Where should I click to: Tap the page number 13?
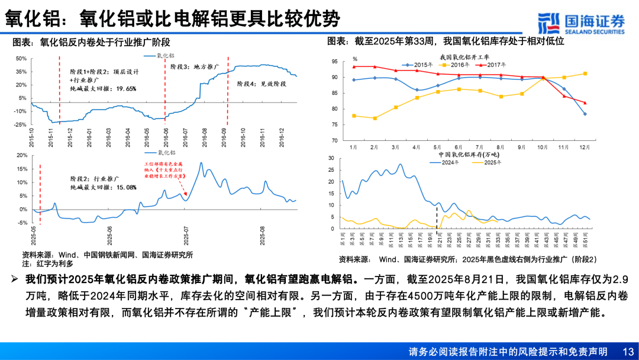(x=628, y=352)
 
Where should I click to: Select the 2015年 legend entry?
(x=418, y=64)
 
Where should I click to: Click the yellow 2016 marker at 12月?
(x=585, y=73)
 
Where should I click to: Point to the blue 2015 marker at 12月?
(x=585, y=114)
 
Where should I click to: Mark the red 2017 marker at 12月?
(x=585, y=102)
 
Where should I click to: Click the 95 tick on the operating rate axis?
(x=334, y=62)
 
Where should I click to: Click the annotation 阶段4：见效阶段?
(x=262, y=84)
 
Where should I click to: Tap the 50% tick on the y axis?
(x=20, y=58)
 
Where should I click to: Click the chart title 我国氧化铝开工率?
(x=463, y=57)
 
